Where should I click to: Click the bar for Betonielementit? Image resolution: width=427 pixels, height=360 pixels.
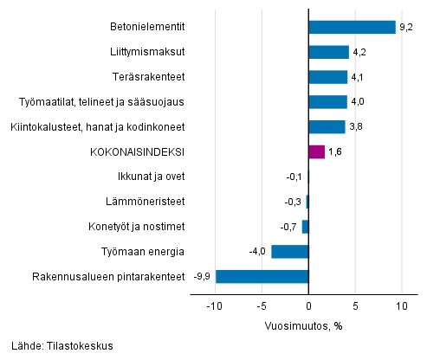(352, 27)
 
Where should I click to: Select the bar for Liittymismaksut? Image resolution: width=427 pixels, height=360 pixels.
(328, 52)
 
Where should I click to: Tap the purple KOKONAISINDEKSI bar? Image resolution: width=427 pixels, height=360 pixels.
(316, 152)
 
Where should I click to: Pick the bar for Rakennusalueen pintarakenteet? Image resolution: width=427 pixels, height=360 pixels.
(262, 277)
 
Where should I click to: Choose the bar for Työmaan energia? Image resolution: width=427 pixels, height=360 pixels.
(290, 252)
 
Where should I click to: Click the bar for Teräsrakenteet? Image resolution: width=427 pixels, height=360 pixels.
(327, 77)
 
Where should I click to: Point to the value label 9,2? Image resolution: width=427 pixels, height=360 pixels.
(404, 27)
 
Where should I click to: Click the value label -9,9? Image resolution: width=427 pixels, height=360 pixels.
(204, 277)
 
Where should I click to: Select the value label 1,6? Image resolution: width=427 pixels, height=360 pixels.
(334, 152)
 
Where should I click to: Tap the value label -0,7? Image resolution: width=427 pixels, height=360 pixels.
(292, 227)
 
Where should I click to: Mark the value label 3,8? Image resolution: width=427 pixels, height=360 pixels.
(355, 127)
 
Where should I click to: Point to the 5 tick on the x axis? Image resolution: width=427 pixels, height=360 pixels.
(355, 306)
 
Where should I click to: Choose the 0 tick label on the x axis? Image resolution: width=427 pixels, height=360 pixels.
(309, 306)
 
